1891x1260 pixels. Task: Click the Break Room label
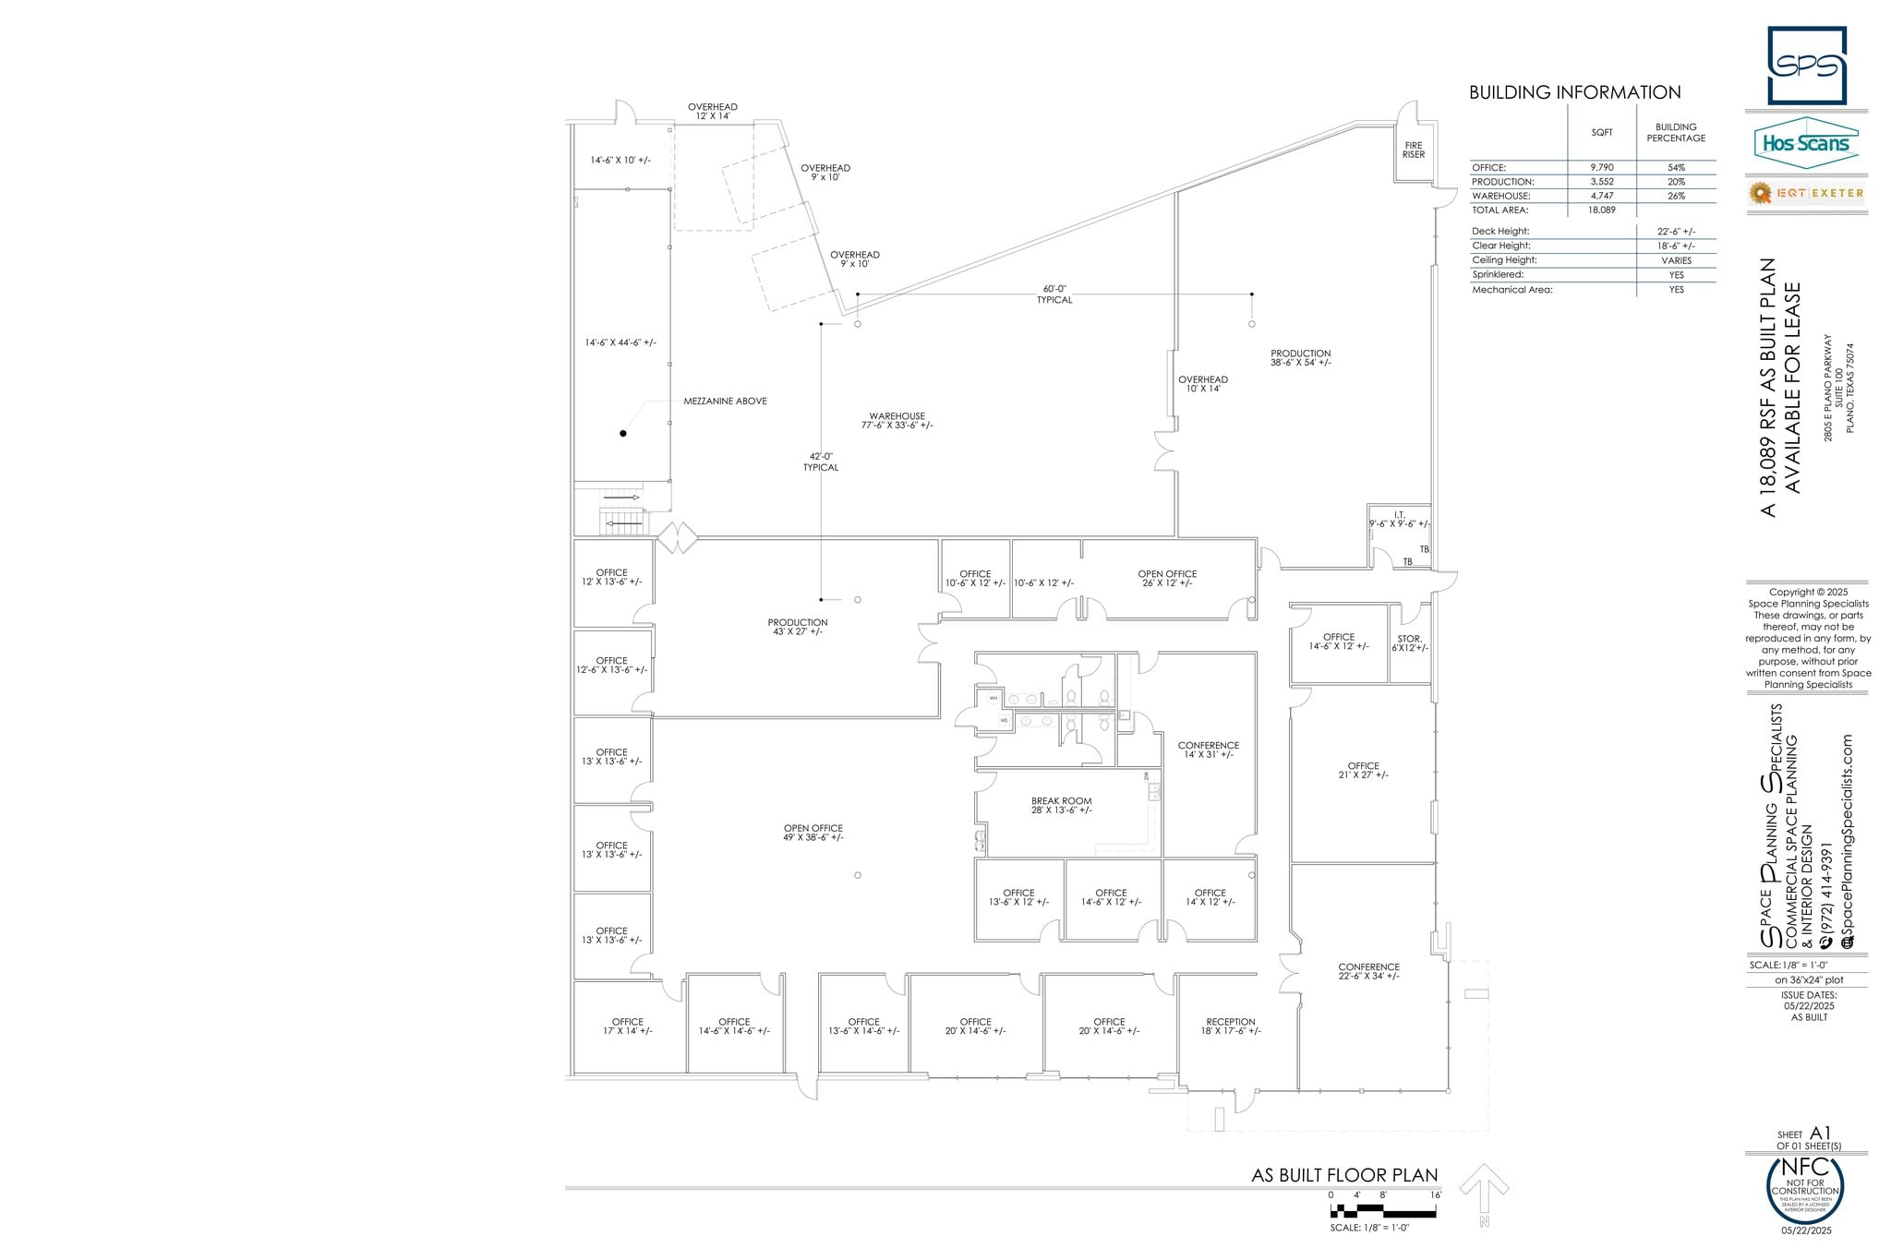(x=1061, y=806)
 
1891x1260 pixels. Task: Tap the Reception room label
(x=1230, y=1026)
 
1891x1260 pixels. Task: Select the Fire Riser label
(x=1413, y=150)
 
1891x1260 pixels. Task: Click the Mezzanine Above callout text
(x=725, y=402)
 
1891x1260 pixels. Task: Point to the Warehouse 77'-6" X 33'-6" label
(x=897, y=421)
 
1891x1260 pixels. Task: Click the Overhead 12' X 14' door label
(x=712, y=112)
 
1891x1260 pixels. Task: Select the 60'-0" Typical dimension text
(x=1054, y=294)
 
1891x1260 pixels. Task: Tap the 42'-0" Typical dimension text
(x=821, y=462)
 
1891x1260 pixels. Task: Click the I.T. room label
(x=1400, y=520)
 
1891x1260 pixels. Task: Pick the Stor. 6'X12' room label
(x=1409, y=643)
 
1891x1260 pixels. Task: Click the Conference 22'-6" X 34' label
(x=1368, y=971)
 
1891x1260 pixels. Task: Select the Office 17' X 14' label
(x=627, y=1026)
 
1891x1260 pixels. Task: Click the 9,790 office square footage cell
(x=1601, y=168)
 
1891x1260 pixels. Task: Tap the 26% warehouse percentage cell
(x=1676, y=196)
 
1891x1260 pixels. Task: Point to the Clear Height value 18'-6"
(x=1676, y=246)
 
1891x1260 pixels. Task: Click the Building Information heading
(x=1574, y=92)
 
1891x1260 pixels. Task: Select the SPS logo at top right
(x=1806, y=66)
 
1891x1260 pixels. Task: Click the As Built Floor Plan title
(x=1343, y=1175)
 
